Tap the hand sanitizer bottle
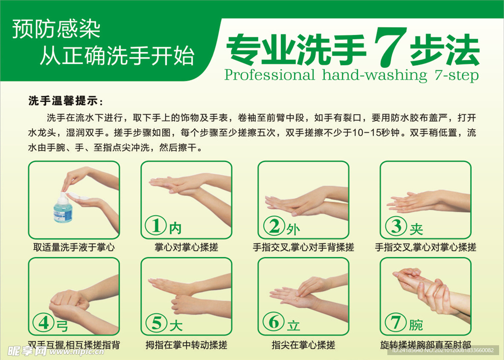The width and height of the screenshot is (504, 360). tap(63, 209)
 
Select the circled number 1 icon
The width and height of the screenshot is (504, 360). tap(157, 226)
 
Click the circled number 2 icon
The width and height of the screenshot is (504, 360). tap(274, 226)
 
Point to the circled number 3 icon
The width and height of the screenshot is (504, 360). tap(395, 226)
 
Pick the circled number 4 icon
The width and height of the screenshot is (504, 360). tap(43, 323)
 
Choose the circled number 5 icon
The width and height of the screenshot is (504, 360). tap(157, 323)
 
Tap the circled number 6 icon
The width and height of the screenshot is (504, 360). tap(274, 323)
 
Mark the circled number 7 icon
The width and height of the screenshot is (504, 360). tap(395, 323)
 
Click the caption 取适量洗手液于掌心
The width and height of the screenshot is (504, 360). tap(74, 247)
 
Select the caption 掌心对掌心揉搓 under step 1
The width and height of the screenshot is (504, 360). tap(186, 247)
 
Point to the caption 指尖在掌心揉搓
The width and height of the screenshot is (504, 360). tap(303, 345)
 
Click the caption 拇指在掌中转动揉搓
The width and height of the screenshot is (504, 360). tap(186, 345)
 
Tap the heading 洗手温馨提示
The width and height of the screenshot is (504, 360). tap(65, 102)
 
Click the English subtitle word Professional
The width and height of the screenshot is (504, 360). tap(269, 75)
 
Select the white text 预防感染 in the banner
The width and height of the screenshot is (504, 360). tap(56, 30)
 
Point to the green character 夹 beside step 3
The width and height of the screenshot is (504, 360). tap(416, 228)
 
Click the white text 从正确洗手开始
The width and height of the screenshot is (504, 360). tap(117, 56)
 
